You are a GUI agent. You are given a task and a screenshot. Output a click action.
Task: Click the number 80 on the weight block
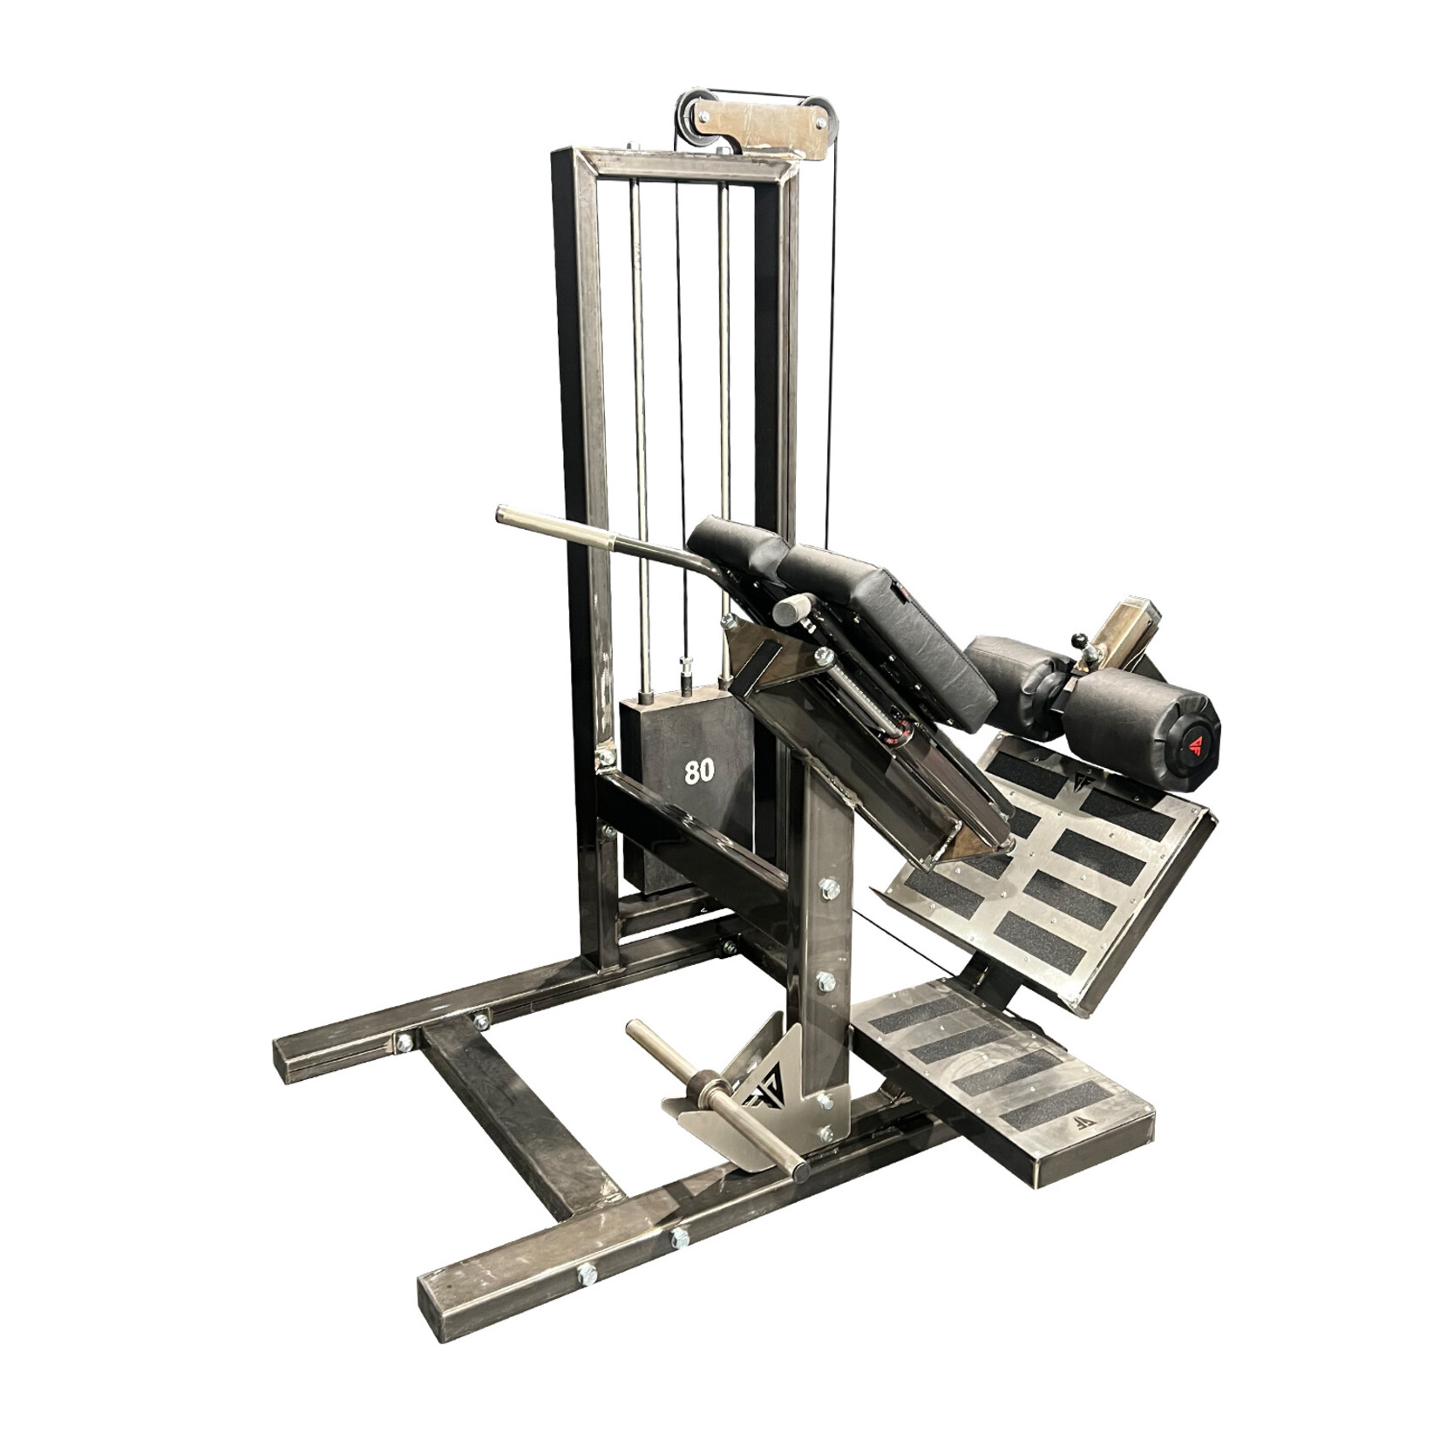pyautogui.click(x=699, y=771)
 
